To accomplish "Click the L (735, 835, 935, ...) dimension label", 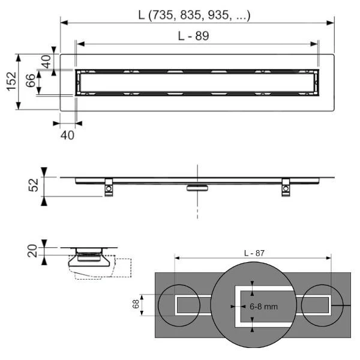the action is [194, 16].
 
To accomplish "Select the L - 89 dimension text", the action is [194, 36].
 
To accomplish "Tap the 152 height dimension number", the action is [12, 81].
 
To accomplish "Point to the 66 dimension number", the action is [31, 80].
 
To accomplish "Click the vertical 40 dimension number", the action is [47, 62].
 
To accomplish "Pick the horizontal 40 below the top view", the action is [67, 135].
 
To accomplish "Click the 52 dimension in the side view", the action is [33, 185].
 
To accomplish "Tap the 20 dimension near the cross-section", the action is [32, 251].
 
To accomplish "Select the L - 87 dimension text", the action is [254, 253].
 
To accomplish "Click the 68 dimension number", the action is [136, 304].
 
